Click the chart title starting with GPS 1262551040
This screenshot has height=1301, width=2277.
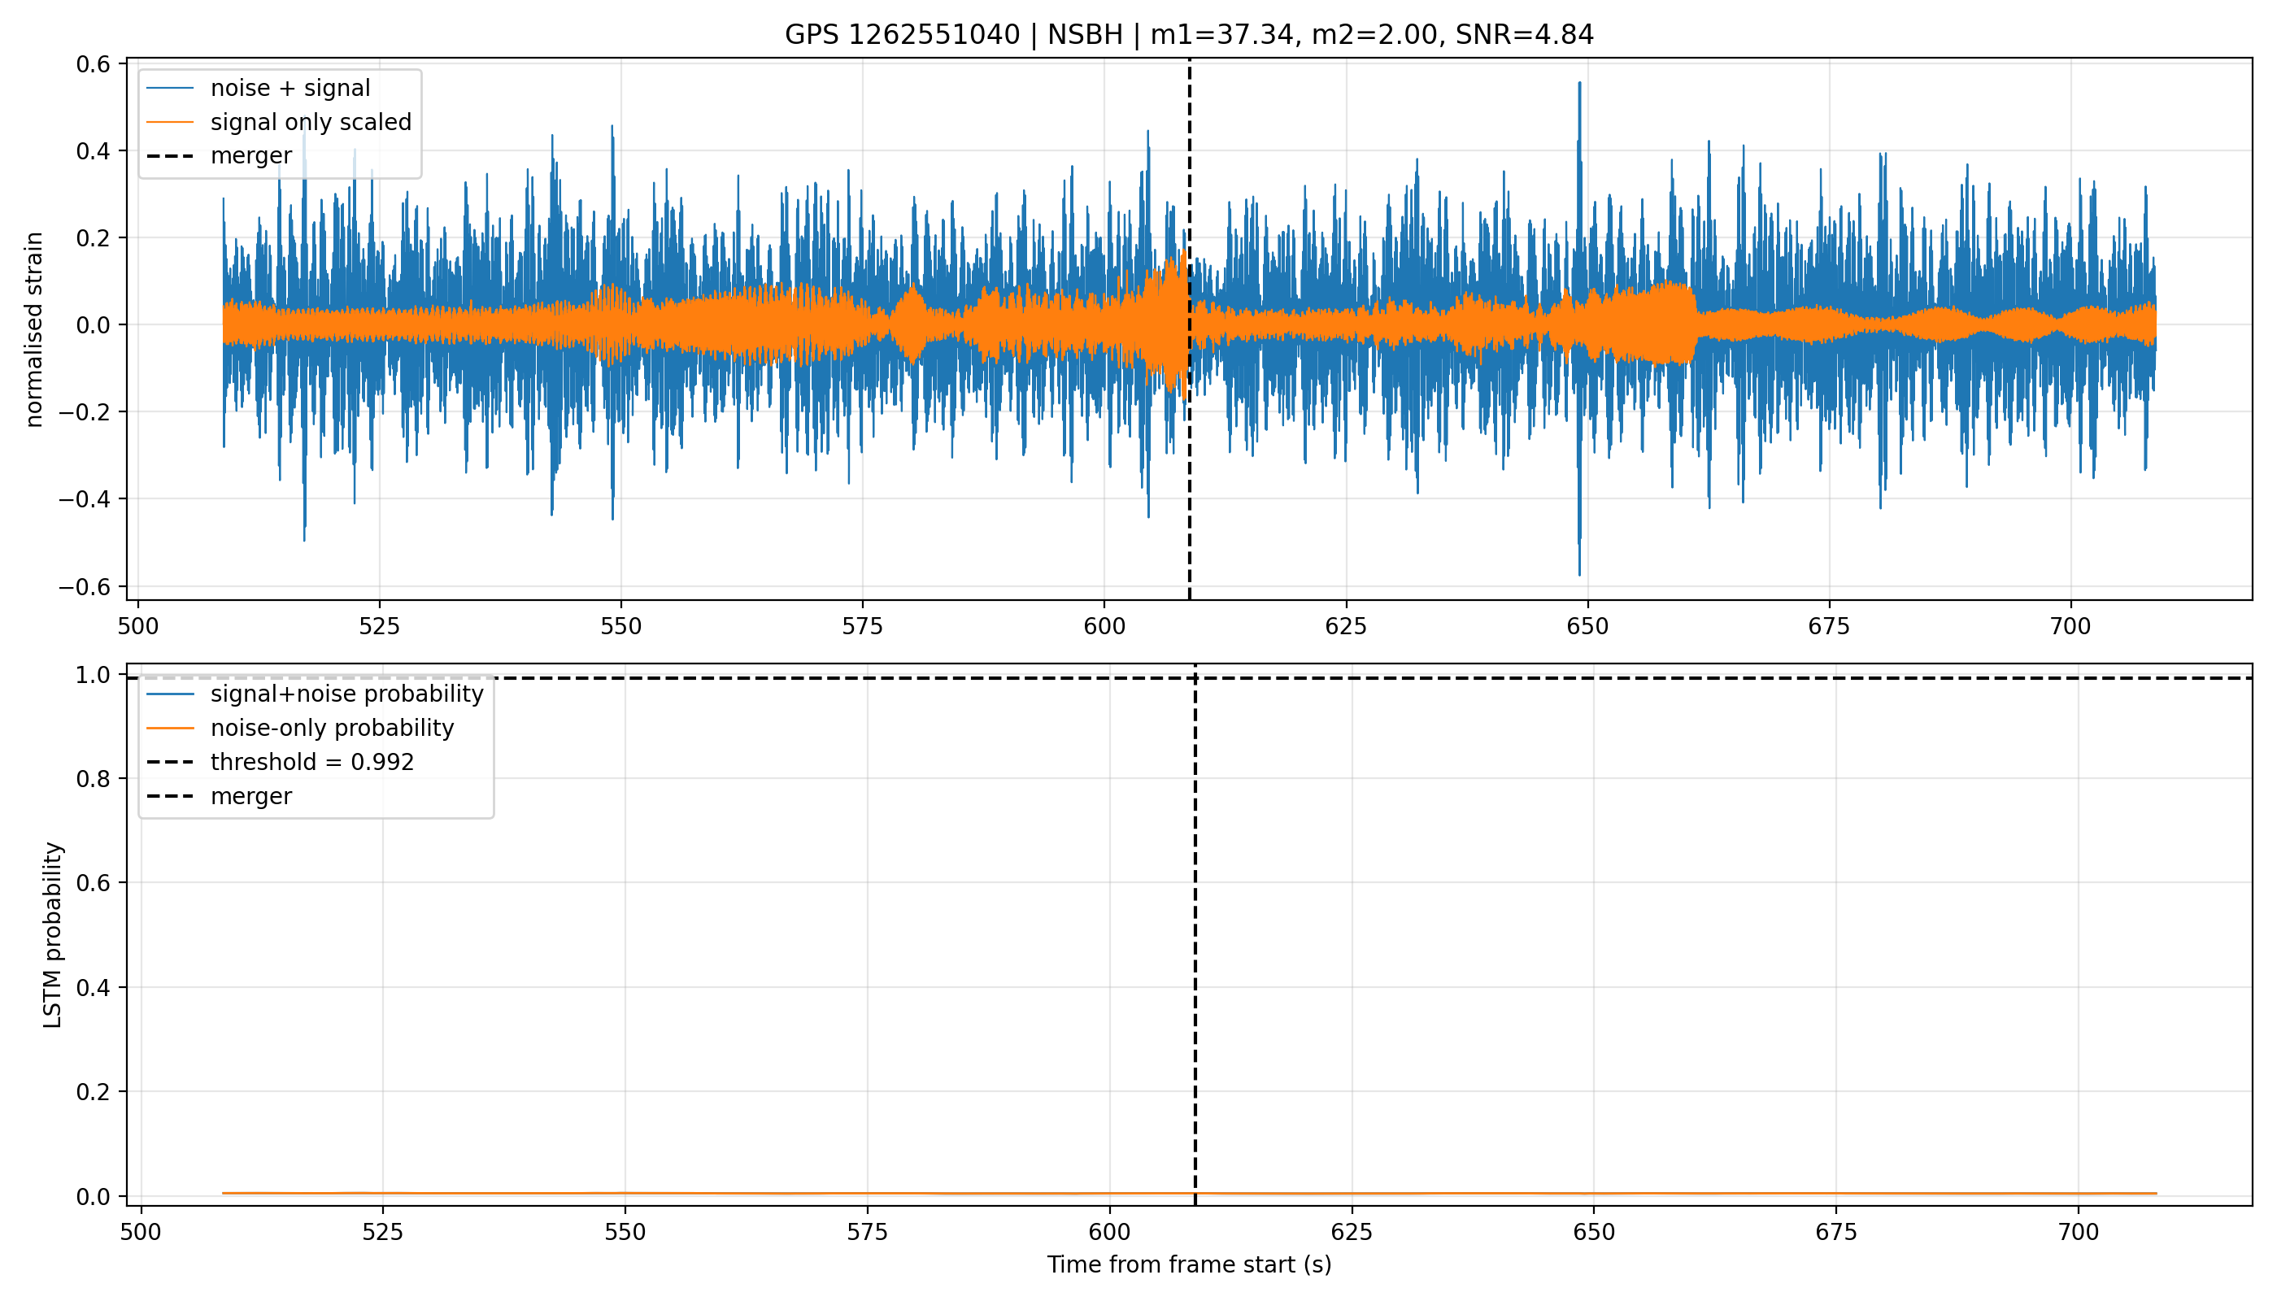[1189, 35]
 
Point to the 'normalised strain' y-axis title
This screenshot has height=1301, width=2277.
[34, 329]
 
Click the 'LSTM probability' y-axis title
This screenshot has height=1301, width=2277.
[53, 934]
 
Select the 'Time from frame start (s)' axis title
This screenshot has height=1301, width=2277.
[1189, 1264]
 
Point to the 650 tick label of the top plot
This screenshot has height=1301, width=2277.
[1587, 626]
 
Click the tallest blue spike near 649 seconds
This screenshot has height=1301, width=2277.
[1579, 83]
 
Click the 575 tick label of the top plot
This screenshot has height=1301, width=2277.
[862, 626]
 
